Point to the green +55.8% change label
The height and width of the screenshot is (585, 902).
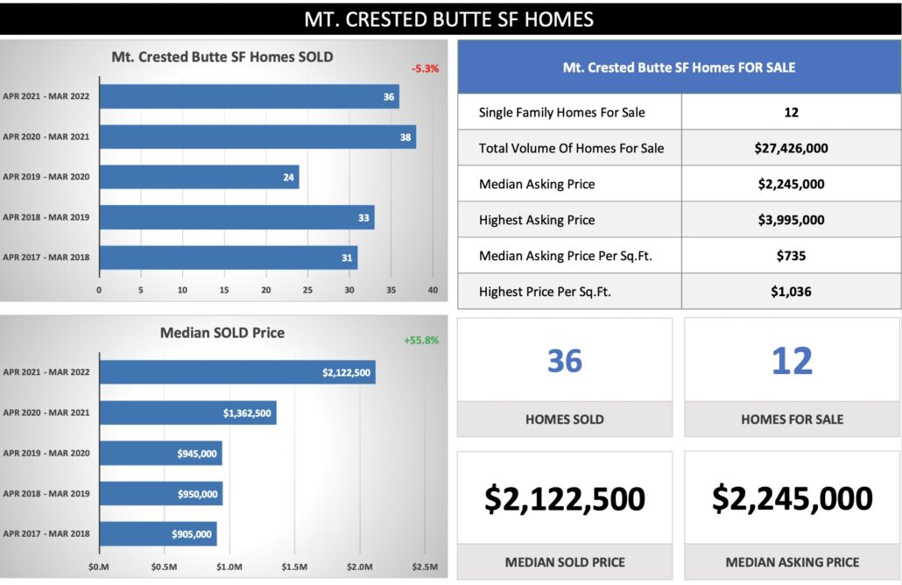(421, 340)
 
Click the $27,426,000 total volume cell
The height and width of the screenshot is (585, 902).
(791, 148)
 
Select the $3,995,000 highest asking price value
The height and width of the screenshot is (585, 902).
(791, 220)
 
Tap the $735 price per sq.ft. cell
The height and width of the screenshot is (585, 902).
(791, 256)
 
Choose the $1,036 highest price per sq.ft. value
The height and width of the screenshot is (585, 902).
(791, 292)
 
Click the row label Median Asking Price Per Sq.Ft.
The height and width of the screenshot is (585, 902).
(566, 256)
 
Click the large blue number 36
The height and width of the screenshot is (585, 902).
(565, 361)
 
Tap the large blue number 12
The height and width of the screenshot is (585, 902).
(792, 361)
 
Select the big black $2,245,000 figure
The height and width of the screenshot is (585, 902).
(792, 498)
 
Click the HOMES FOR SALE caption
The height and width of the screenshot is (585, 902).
(792, 419)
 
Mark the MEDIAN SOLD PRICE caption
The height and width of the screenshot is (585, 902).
(565, 561)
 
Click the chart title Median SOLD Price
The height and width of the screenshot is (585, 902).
(222, 333)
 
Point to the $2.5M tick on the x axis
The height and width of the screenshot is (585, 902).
(425, 567)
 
